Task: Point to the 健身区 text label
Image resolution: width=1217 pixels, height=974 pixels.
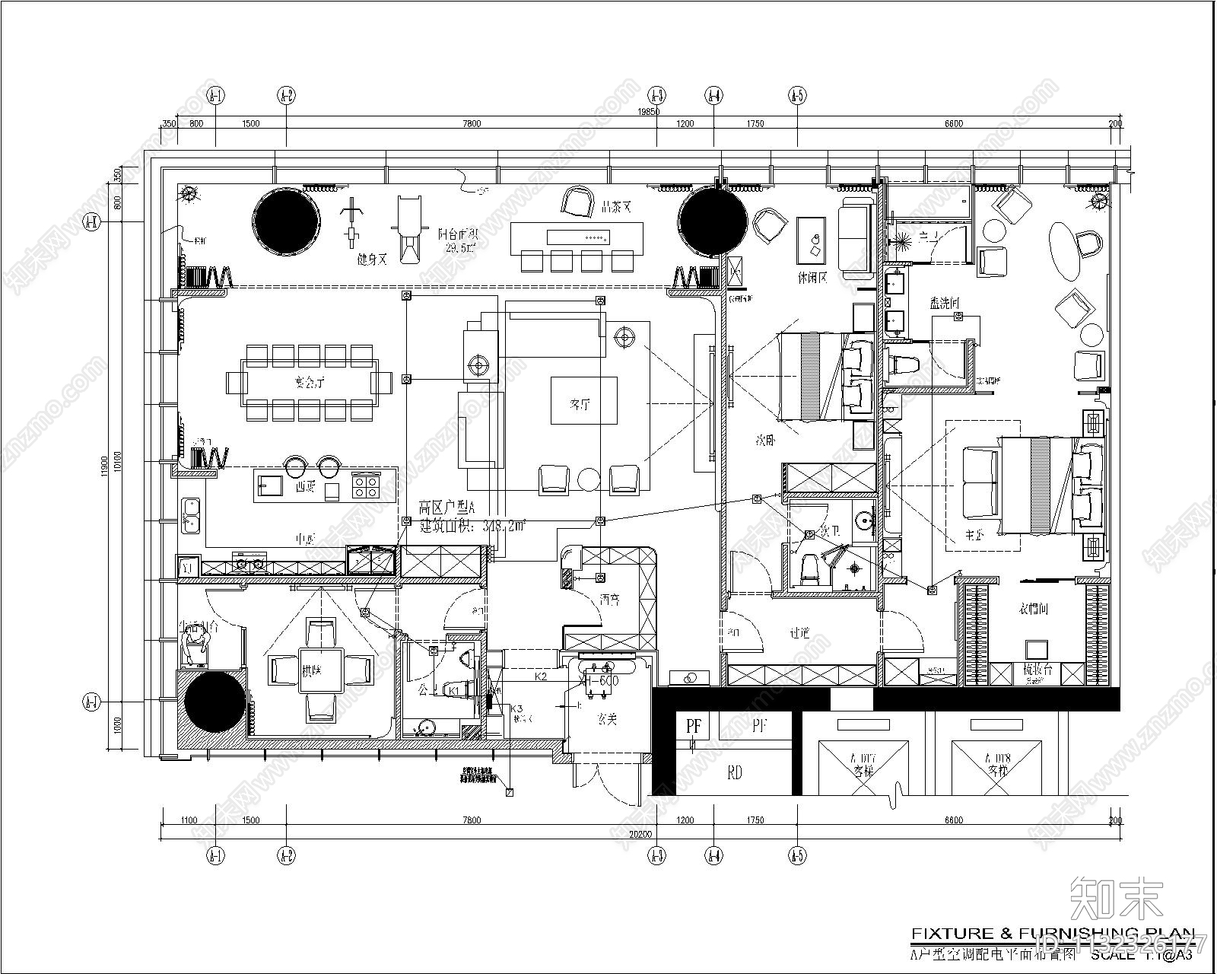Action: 373,259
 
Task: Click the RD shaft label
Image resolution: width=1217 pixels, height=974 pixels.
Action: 735,773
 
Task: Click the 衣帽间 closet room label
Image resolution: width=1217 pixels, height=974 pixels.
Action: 1034,609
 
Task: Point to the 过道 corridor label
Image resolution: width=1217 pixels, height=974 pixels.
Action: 800,632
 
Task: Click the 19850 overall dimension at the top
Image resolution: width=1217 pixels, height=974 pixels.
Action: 649,112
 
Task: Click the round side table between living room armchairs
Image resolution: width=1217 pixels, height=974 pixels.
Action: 589,479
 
